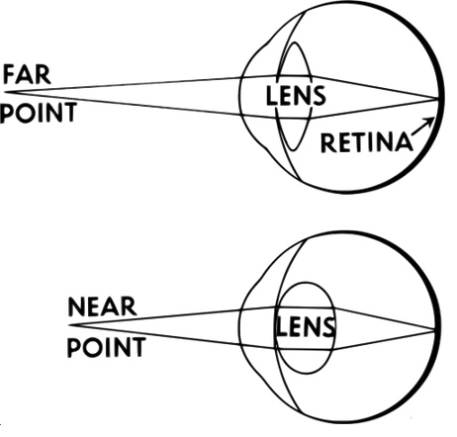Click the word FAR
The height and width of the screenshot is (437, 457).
click(x=27, y=75)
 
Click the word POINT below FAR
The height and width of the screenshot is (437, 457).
click(x=39, y=113)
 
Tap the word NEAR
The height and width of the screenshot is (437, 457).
click(x=102, y=306)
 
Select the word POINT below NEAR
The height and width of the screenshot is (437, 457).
click(x=106, y=347)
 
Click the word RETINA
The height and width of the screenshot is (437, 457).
click(x=367, y=142)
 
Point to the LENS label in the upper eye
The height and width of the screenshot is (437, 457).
click(x=296, y=96)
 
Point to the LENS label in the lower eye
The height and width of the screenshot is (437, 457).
click(x=305, y=327)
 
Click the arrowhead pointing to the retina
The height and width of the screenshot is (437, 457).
click(x=430, y=122)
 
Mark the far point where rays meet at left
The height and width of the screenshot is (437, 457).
click(x=4, y=92)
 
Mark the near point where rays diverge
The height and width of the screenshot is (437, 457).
click(x=69, y=325)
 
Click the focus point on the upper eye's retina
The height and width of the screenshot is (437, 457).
click(x=438, y=98)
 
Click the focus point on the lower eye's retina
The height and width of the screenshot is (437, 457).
click(x=434, y=329)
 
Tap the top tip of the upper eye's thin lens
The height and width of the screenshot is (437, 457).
click(x=295, y=43)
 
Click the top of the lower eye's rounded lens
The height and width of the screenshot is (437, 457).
click(x=306, y=282)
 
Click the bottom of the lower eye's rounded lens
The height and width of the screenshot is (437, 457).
click(x=306, y=374)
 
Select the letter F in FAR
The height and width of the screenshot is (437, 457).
click(x=9, y=75)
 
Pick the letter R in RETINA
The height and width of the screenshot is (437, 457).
click(x=327, y=142)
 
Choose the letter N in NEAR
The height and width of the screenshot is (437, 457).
click(x=76, y=306)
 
